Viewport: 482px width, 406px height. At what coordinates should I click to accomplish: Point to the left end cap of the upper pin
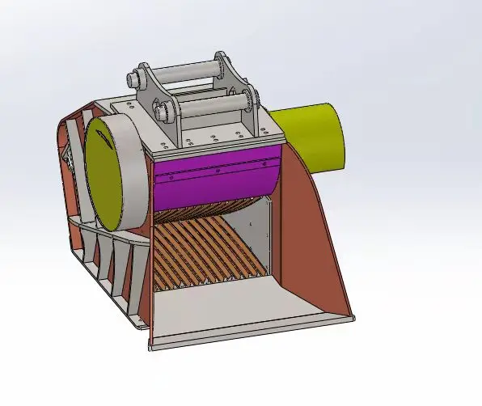point(133,81)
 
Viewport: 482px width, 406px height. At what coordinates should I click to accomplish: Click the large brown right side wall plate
point(315,243)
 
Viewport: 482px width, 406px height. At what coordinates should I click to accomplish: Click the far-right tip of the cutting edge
point(353,317)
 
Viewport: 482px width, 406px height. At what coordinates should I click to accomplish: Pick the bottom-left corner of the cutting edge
point(152,348)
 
